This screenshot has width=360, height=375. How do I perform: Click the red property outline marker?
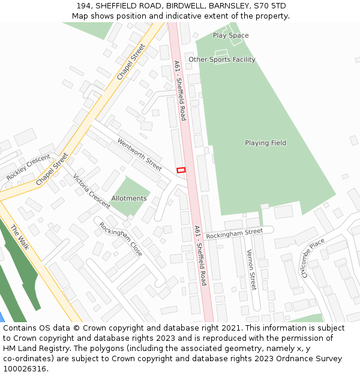pyautogui.click(x=181, y=170)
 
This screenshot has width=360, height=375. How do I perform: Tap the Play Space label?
pyautogui.click(x=230, y=35)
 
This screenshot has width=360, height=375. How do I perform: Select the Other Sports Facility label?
pyautogui.click(x=222, y=59)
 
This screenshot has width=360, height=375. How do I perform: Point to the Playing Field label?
pyautogui.click(x=265, y=143)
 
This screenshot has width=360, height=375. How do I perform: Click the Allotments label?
pyautogui.click(x=129, y=198)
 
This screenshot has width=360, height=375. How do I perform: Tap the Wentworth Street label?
pyautogui.click(x=140, y=155)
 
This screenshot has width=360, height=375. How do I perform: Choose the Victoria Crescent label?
pyautogui.click(x=91, y=191)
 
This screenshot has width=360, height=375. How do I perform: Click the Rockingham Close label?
pyautogui.click(x=121, y=239)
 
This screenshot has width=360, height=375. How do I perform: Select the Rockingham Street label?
pyautogui.click(x=235, y=233)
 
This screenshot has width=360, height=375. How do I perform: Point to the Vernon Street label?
pyautogui.click(x=252, y=270)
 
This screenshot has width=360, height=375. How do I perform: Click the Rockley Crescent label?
pyautogui.click(x=28, y=167)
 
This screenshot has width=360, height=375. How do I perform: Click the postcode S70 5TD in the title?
pyautogui.click(x=270, y=6)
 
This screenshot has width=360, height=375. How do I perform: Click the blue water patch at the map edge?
pyautogui.click(x=2, y=317)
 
